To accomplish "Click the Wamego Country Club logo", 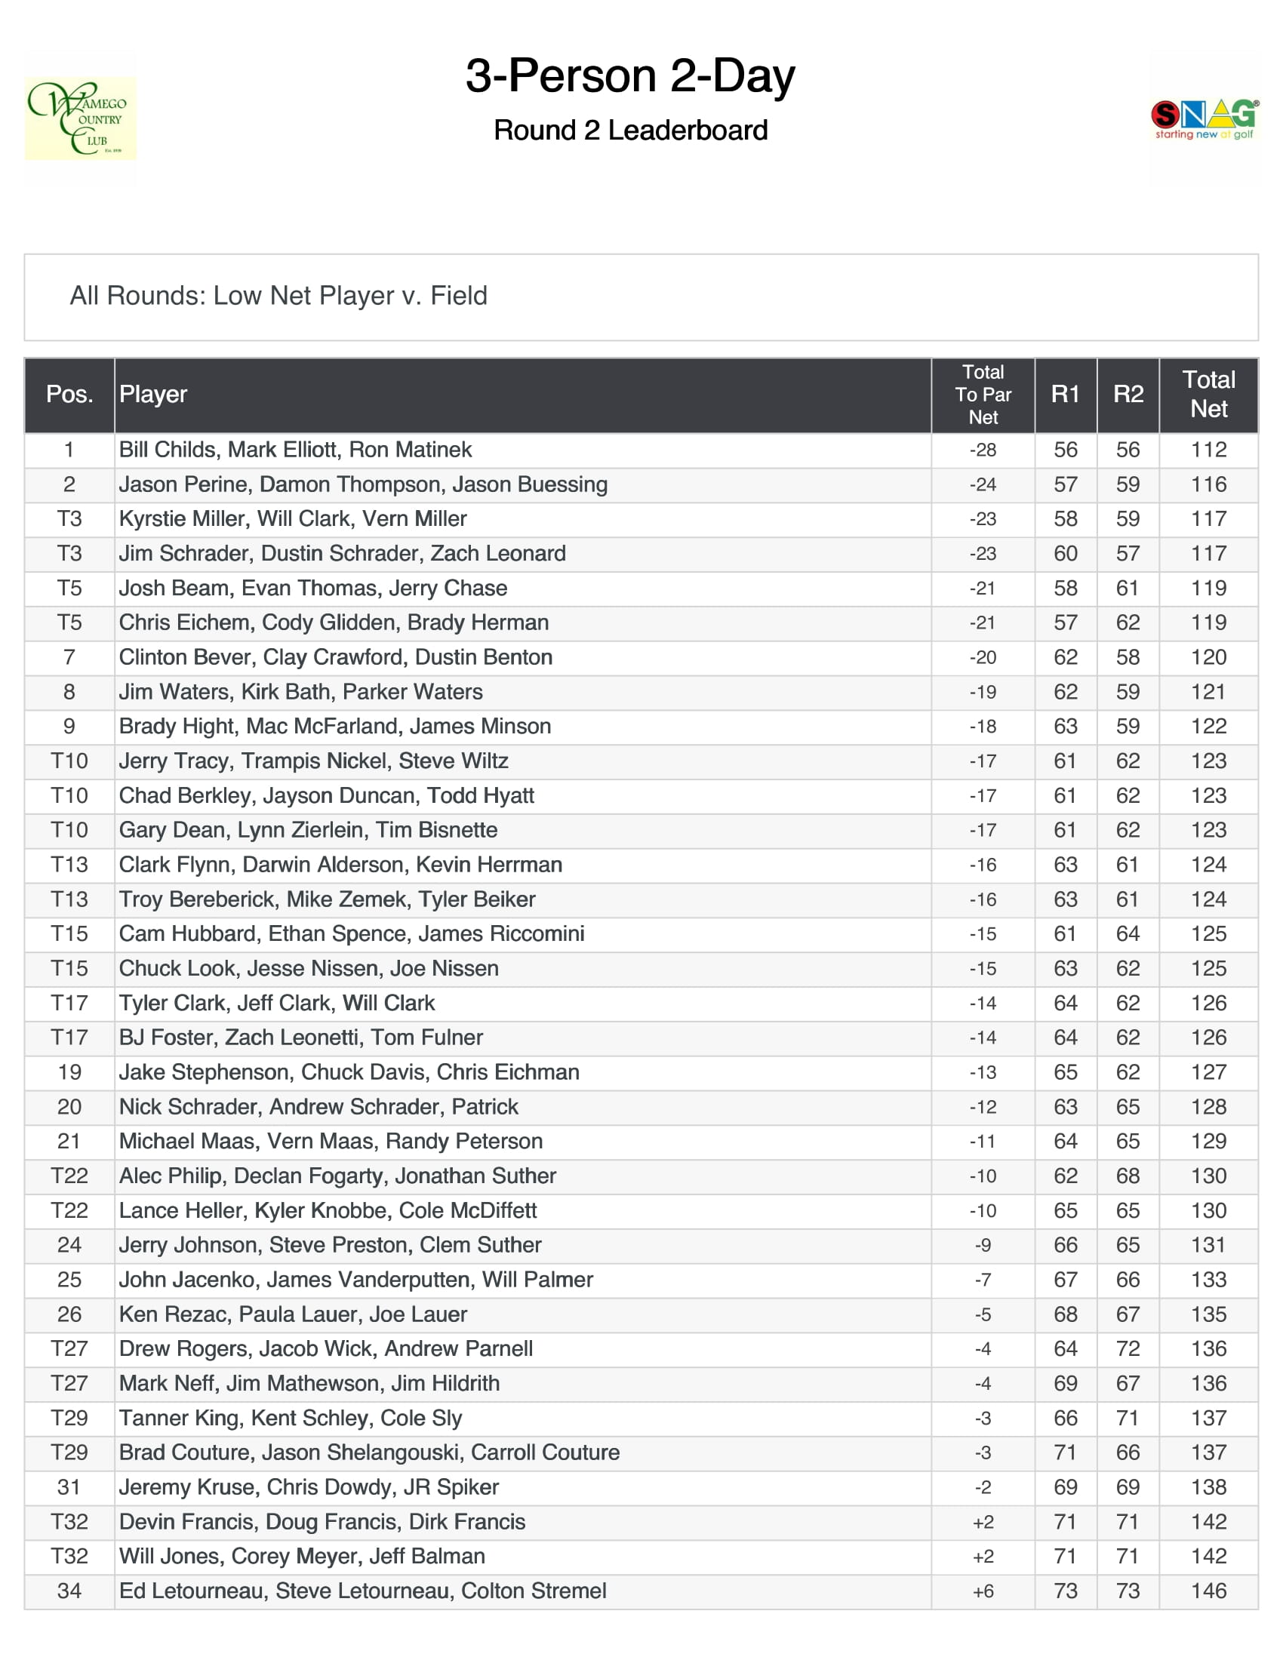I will (x=80, y=118).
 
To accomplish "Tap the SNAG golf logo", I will (x=1204, y=118).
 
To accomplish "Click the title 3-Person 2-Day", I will (x=630, y=76).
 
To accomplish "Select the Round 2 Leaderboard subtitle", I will (x=630, y=131).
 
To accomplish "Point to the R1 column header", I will (x=1065, y=394).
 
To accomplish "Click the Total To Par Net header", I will (x=983, y=394).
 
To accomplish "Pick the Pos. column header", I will (x=69, y=394).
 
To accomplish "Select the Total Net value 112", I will (x=1208, y=450).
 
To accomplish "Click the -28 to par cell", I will (x=983, y=450).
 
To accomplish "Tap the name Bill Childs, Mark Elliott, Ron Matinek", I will (x=295, y=450).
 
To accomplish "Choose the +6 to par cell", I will (x=983, y=1591).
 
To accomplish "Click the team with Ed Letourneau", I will (x=362, y=1591).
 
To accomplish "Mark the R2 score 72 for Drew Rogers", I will (x=1128, y=1349).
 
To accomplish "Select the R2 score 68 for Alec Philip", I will (x=1128, y=1176).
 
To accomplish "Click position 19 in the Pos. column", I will (x=69, y=1072).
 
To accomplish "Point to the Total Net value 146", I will (x=1208, y=1591).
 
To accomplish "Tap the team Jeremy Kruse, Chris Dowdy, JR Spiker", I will (x=309, y=1487).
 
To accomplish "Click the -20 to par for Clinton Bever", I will (x=983, y=657).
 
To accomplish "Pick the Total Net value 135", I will (x=1208, y=1315).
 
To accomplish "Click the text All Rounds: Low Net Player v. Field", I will (x=278, y=296).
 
